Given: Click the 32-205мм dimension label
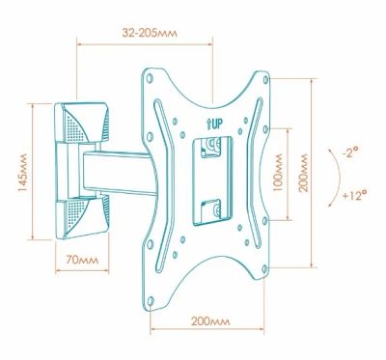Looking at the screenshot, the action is click(150, 33).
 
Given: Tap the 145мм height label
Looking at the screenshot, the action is click(22, 173).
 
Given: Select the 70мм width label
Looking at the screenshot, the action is click(82, 260).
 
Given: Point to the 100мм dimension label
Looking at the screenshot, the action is click(277, 173).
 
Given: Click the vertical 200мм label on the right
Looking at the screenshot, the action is click(303, 173).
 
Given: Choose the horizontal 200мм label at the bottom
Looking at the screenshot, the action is click(210, 321).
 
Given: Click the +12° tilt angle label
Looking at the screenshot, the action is click(354, 195).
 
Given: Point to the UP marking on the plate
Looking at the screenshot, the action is click(214, 124).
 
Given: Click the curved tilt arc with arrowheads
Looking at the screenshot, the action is click(340, 177).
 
